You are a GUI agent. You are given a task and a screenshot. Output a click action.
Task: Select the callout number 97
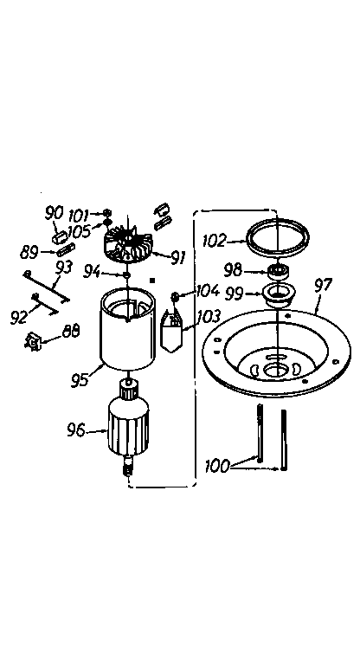tap(323, 283)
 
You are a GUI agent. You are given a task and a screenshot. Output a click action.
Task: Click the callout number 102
tap(215, 242)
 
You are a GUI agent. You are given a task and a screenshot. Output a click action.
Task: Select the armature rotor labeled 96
tap(127, 429)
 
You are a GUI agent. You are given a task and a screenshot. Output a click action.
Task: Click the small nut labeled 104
tap(176, 296)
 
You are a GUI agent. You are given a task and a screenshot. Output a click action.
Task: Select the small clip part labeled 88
tap(35, 341)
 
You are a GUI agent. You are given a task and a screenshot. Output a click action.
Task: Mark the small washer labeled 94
tap(127, 274)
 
